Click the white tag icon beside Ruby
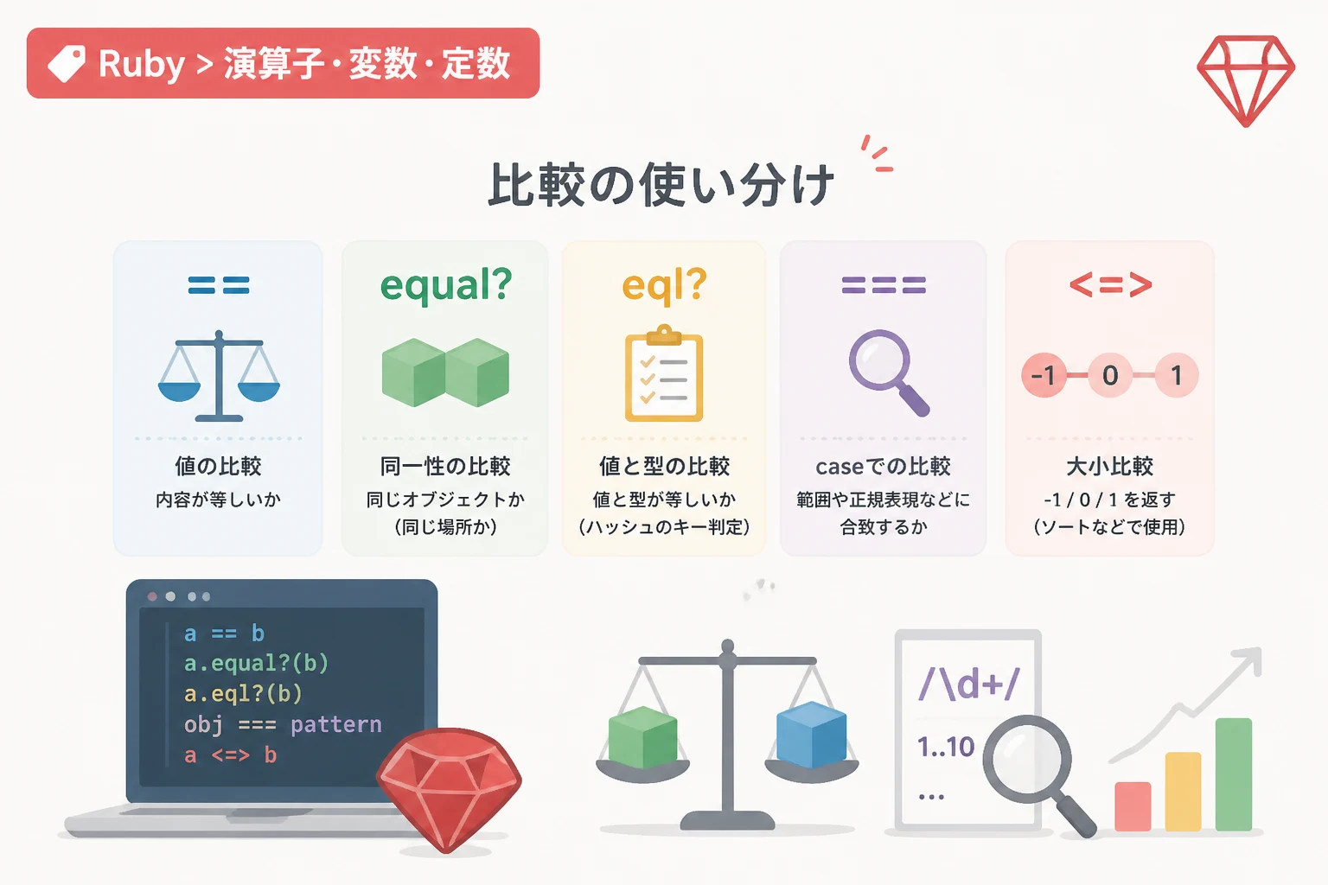(67, 63)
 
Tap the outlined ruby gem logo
(1246, 80)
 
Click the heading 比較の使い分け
(661, 184)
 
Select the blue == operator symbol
(219, 285)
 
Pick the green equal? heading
(446, 285)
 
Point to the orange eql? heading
(664, 285)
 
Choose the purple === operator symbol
(884, 285)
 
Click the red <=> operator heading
(1110, 285)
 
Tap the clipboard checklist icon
(664, 372)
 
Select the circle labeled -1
(1044, 375)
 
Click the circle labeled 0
(1110, 375)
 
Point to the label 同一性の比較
(445, 467)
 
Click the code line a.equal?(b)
(256, 663)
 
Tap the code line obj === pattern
(283, 724)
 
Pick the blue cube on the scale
(811, 735)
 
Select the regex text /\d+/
(968, 684)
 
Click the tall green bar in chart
(1234, 774)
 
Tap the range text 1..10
(946, 747)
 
